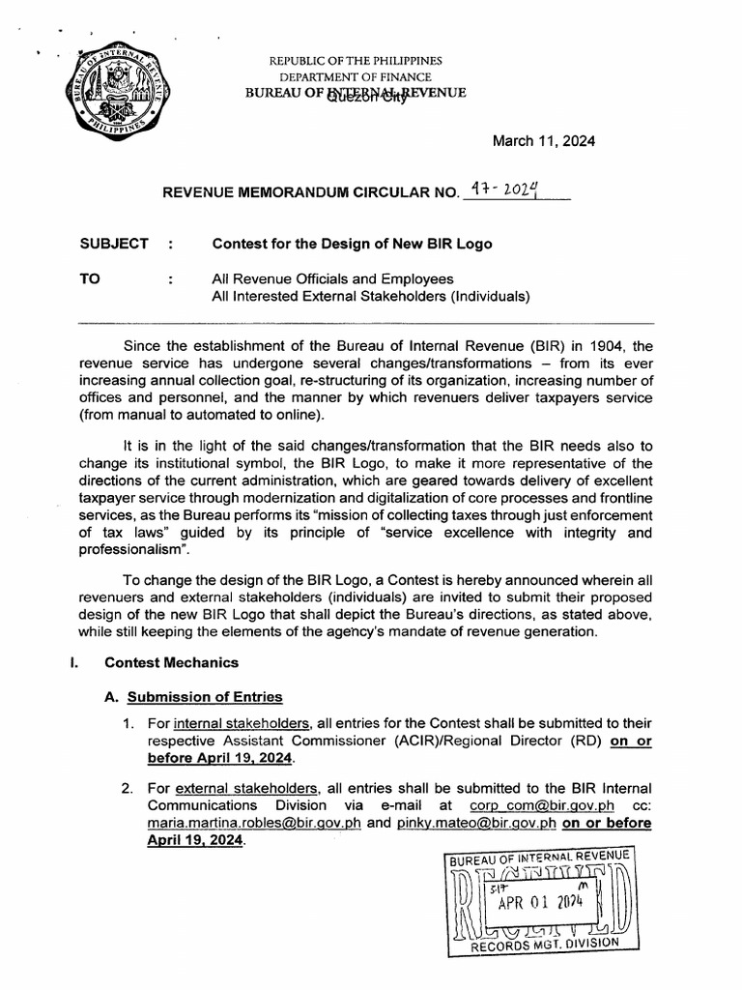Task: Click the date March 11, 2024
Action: (x=544, y=141)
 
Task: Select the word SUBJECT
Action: (x=114, y=244)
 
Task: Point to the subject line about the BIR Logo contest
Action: (x=352, y=244)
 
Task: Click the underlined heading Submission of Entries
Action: (x=205, y=696)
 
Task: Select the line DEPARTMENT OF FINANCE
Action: (x=356, y=76)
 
